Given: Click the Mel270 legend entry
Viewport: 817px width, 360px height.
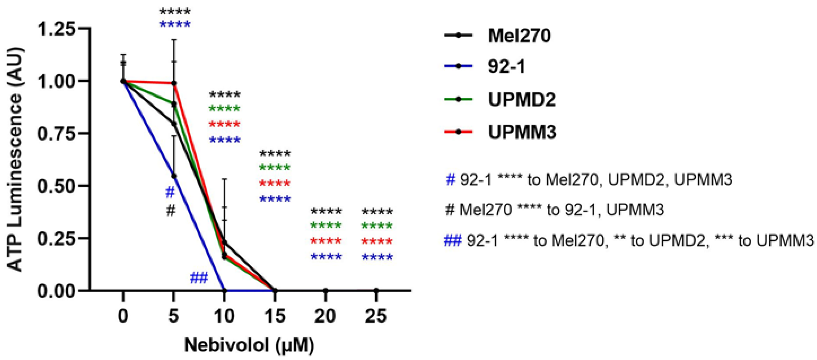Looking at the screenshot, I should click(x=519, y=36).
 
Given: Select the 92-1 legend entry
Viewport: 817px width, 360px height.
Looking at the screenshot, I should click(x=506, y=67).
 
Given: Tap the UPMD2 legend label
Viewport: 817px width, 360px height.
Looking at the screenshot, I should click(x=522, y=100).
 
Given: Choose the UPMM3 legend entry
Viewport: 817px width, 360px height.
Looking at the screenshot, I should click(x=522, y=132).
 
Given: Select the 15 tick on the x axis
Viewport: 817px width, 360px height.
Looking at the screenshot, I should click(x=275, y=316).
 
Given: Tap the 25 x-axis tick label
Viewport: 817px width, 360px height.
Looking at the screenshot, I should click(x=376, y=316).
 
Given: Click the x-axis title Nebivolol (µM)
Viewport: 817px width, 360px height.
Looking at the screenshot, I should click(x=249, y=345).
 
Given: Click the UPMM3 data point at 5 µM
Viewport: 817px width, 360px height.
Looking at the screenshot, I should click(x=174, y=83).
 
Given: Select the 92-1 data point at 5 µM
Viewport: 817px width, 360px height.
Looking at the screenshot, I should click(x=174, y=176).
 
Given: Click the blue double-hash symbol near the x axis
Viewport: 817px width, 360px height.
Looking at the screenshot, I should click(x=199, y=278).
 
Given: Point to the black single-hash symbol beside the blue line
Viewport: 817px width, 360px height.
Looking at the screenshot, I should click(x=171, y=210).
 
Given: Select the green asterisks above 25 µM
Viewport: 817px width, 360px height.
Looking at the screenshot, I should click(x=377, y=226).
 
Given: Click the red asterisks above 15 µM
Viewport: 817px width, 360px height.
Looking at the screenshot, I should click(x=275, y=183).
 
